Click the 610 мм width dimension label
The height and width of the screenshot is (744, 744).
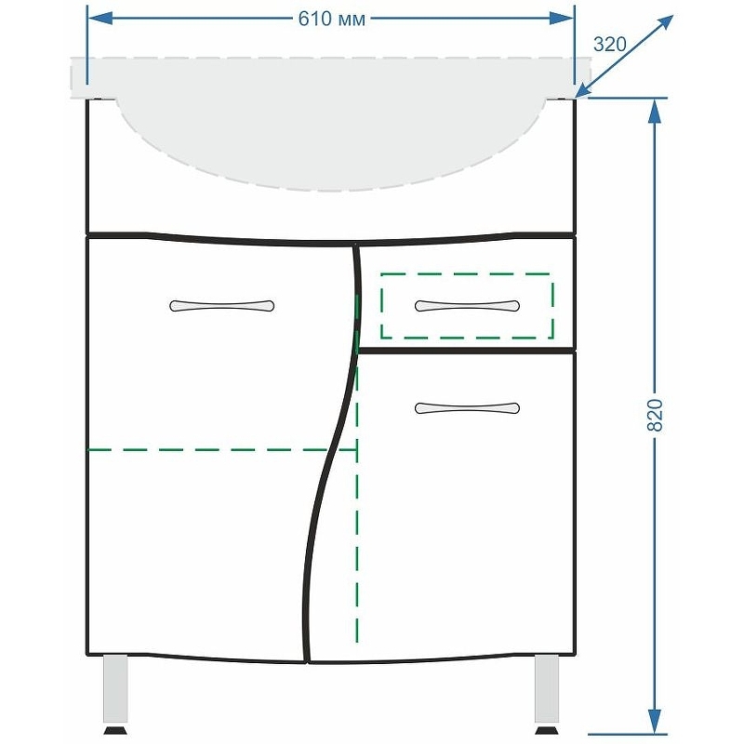tap(332, 19)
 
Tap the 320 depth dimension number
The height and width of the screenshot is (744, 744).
tap(610, 45)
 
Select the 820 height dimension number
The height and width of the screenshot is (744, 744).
tap(655, 415)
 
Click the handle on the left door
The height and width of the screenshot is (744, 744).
tap(222, 306)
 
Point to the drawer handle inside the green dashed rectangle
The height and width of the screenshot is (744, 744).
tap(467, 306)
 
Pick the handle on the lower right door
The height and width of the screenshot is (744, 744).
tap(467, 408)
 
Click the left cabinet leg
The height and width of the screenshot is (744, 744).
tap(115, 688)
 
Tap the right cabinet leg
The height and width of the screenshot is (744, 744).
tap(547, 688)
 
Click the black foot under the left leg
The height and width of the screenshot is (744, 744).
tap(115, 730)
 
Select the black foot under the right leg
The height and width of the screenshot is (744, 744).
tap(547, 730)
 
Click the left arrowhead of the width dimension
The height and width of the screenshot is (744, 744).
tap(100, 19)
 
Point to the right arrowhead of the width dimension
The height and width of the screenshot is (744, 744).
tap(562, 19)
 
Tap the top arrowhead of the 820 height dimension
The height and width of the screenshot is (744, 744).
tap(655, 112)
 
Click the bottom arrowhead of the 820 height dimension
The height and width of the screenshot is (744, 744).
tap(655, 723)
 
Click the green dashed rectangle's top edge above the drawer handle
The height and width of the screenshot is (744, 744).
tap(467, 273)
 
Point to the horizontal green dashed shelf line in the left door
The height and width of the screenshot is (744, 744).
tap(222, 449)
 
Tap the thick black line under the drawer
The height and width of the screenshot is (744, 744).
tap(467, 352)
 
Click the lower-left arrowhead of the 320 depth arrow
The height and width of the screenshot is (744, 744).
tap(585, 91)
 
